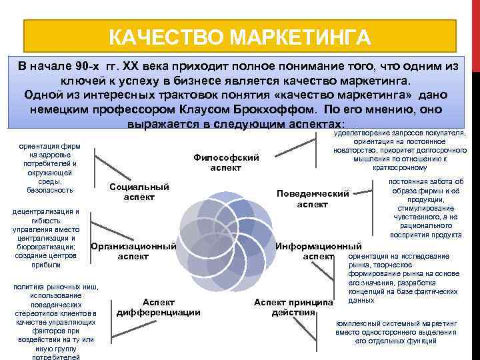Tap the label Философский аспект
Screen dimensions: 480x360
coord(225,163)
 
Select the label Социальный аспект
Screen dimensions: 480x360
coord(139,192)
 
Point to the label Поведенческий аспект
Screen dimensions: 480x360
coord(313,199)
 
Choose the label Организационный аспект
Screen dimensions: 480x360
coord(133,251)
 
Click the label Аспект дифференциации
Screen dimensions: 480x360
coord(159,307)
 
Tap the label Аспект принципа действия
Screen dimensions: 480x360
coord(293,307)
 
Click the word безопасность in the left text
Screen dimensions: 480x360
coord(50,190)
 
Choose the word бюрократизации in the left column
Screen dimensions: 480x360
coord(49,247)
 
